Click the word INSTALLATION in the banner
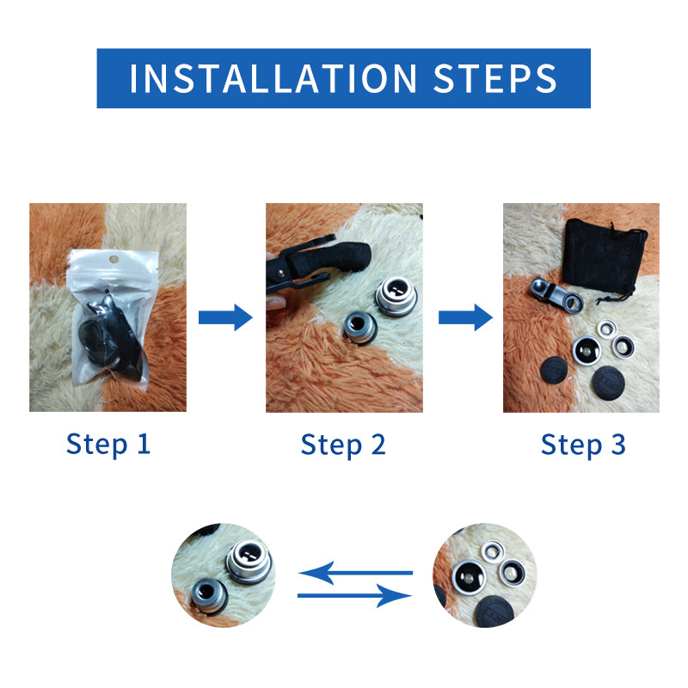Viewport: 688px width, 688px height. pos(273,78)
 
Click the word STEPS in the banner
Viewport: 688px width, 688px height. pos(495,78)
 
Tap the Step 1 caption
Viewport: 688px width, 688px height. pos(108,445)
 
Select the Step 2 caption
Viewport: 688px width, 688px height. pos(343,445)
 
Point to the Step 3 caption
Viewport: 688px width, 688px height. pos(583,445)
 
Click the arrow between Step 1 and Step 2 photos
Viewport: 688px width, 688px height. pos(225,317)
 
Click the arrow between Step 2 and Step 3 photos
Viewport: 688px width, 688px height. pos(465,317)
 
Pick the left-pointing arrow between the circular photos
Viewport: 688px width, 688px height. pos(355,573)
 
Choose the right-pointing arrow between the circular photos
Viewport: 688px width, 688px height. pos(354,595)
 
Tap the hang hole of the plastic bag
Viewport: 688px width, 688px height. pos(114,260)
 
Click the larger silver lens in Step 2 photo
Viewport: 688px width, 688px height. pos(396,297)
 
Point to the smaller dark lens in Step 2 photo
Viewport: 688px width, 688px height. pos(360,328)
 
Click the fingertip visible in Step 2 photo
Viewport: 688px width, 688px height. pos(274,303)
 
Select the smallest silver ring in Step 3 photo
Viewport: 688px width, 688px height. pos(607,329)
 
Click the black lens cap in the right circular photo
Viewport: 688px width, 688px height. pos(495,611)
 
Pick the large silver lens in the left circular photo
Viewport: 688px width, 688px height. pos(249,562)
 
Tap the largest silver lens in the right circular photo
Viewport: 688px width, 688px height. pos(469,578)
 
